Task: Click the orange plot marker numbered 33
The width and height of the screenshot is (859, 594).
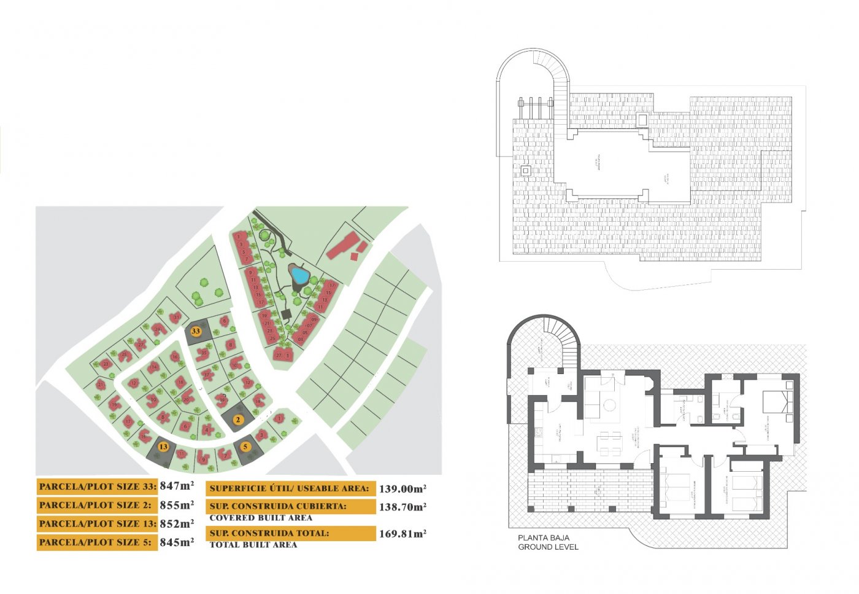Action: pyautogui.click(x=196, y=331)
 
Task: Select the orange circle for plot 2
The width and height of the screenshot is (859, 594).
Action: pyautogui.click(x=239, y=420)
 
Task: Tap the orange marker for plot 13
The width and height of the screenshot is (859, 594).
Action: pyautogui.click(x=163, y=447)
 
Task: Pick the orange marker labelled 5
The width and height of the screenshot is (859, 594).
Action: pyautogui.click(x=246, y=447)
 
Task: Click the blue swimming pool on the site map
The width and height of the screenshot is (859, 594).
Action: pyautogui.click(x=299, y=275)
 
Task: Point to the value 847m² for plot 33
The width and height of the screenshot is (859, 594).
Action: pyautogui.click(x=177, y=486)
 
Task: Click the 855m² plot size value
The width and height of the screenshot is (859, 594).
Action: pyautogui.click(x=177, y=505)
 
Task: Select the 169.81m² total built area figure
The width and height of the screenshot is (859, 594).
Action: pyautogui.click(x=403, y=534)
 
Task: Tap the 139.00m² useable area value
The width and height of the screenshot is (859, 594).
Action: pyautogui.click(x=403, y=489)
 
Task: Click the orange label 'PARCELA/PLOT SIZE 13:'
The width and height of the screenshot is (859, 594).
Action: pyautogui.click(x=97, y=524)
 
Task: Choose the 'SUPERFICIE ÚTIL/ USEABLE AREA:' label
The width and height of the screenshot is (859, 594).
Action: pyautogui.click(x=290, y=489)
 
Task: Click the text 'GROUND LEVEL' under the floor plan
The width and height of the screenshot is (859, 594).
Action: pyautogui.click(x=548, y=547)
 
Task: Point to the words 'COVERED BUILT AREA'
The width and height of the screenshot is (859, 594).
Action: pyautogui.click(x=261, y=518)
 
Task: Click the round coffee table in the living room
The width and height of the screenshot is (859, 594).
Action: pyautogui.click(x=609, y=405)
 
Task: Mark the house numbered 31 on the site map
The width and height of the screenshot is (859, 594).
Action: pyautogui.click(x=177, y=318)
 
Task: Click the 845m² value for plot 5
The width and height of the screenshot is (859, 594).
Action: pyautogui.click(x=177, y=542)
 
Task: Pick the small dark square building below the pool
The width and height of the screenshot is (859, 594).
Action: pyautogui.click(x=287, y=314)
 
